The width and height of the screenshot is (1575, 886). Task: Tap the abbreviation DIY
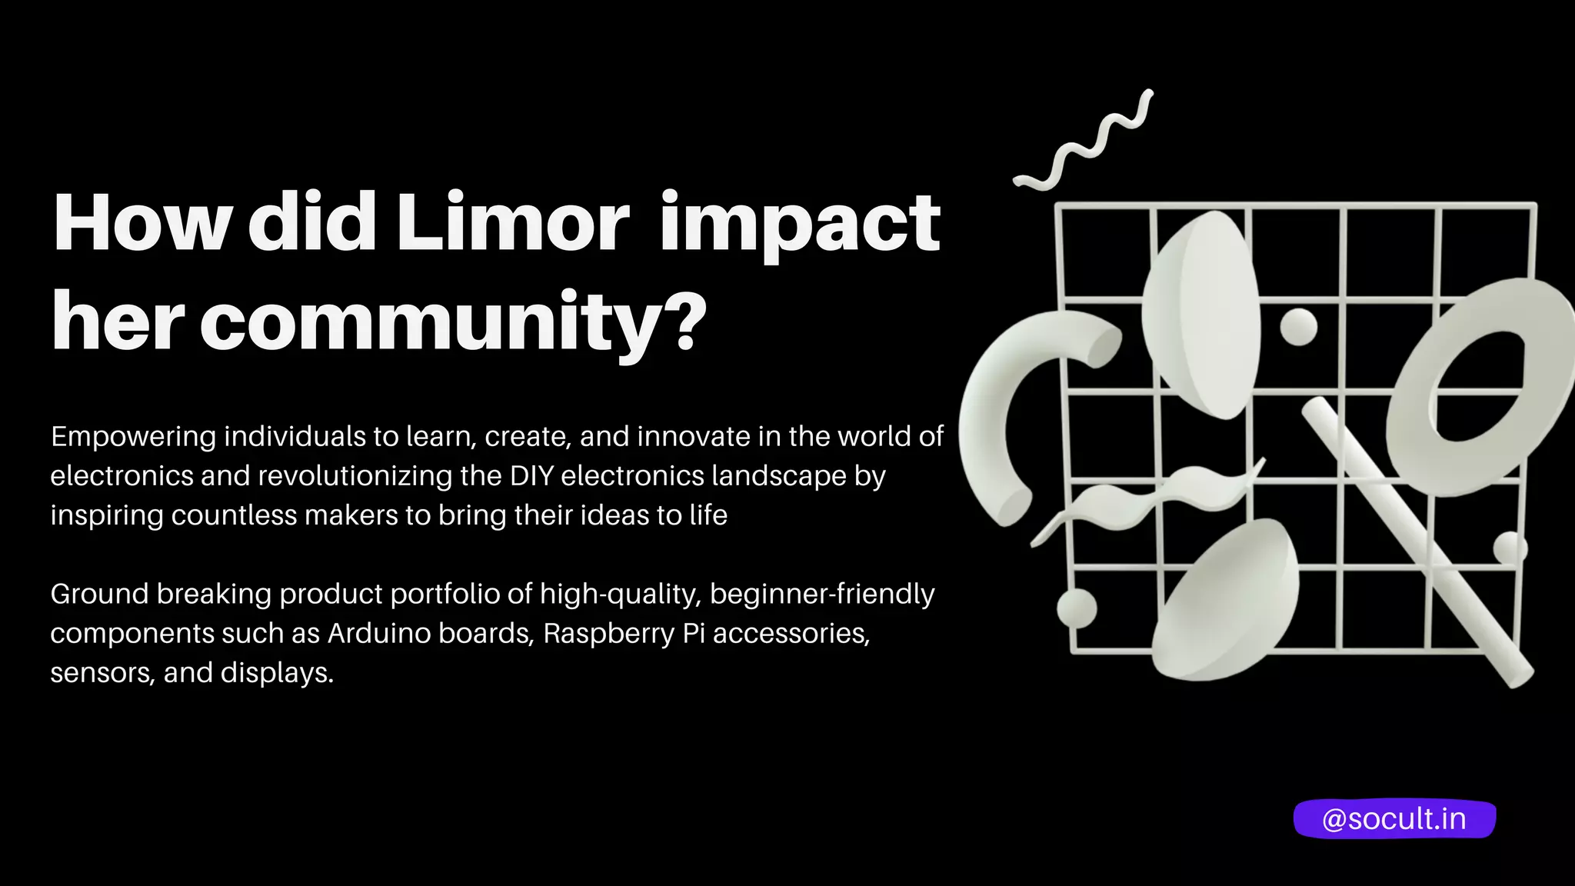click(x=531, y=476)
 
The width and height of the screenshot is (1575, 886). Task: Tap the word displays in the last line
click(x=277, y=673)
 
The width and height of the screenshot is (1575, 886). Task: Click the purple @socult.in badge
click(x=1394, y=819)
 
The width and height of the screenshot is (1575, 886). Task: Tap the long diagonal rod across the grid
click(x=1415, y=538)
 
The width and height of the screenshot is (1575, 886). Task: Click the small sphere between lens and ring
click(x=1298, y=327)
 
